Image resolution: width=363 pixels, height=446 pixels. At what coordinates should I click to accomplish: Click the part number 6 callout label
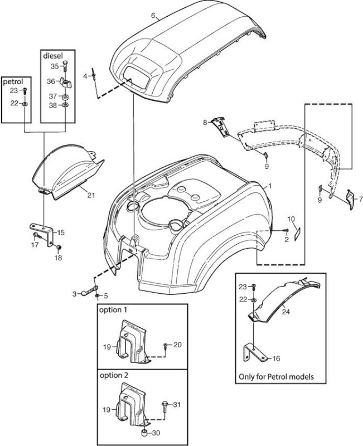(153, 16)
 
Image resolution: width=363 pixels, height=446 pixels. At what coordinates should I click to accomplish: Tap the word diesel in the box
(53, 55)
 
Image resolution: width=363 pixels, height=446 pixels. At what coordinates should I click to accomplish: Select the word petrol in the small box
(12, 82)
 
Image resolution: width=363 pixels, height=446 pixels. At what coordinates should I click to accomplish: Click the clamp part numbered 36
(66, 83)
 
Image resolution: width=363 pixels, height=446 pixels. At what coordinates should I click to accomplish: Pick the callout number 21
(91, 196)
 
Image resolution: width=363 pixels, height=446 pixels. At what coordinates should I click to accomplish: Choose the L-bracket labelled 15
(43, 233)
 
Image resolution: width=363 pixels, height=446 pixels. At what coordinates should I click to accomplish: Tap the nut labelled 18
(59, 248)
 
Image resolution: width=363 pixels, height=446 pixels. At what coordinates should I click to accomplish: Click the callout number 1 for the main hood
(270, 186)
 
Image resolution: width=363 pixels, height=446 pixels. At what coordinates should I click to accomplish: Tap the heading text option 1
(113, 309)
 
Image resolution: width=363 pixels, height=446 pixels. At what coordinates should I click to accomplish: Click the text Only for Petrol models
(276, 377)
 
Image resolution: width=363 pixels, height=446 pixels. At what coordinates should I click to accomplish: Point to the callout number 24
(285, 312)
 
